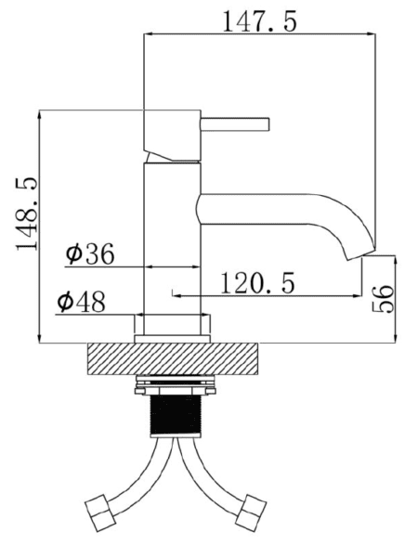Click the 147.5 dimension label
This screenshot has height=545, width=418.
click(x=259, y=21)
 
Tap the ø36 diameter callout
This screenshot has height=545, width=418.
click(x=90, y=253)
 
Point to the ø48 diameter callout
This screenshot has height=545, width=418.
click(x=81, y=302)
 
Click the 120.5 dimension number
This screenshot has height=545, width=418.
click(x=257, y=282)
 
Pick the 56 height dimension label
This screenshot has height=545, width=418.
click(x=383, y=299)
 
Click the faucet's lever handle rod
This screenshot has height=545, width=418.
click(x=235, y=124)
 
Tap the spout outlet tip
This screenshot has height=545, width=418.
click(x=360, y=254)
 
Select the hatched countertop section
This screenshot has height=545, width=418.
click(x=173, y=359)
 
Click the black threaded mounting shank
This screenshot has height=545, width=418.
click(x=176, y=416)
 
